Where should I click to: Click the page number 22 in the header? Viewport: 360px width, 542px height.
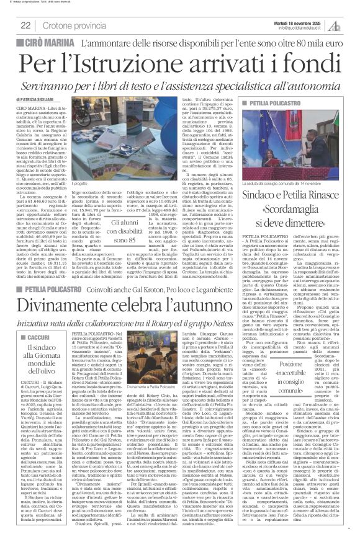[x=25, y=25]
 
